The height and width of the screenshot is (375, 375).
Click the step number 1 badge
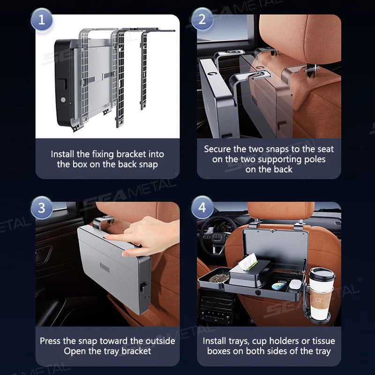pyautogui.click(x=42, y=19)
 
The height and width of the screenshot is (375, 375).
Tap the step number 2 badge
pyautogui.click(x=202, y=19)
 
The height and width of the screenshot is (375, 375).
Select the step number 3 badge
pyautogui.click(x=42, y=208)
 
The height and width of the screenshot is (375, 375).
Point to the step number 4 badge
pyautogui.click(x=202, y=207)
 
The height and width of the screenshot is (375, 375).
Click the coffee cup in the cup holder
pyautogui.click(x=321, y=294)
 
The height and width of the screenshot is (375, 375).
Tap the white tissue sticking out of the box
pyautogui.click(x=248, y=262)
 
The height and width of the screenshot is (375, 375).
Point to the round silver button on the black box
pyautogui.click(x=63, y=99)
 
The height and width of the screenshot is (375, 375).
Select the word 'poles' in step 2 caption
pyautogui.click(x=315, y=160)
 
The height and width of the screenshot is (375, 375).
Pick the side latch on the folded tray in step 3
pyautogui.click(x=144, y=287)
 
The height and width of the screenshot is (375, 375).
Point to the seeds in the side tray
pyautogui.click(x=219, y=278)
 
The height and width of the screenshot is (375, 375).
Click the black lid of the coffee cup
pyautogui.click(x=322, y=274)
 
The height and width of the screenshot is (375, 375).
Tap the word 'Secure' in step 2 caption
pyautogui.click(x=217, y=149)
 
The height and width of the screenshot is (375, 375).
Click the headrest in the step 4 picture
pyautogui.click(x=281, y=210)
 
